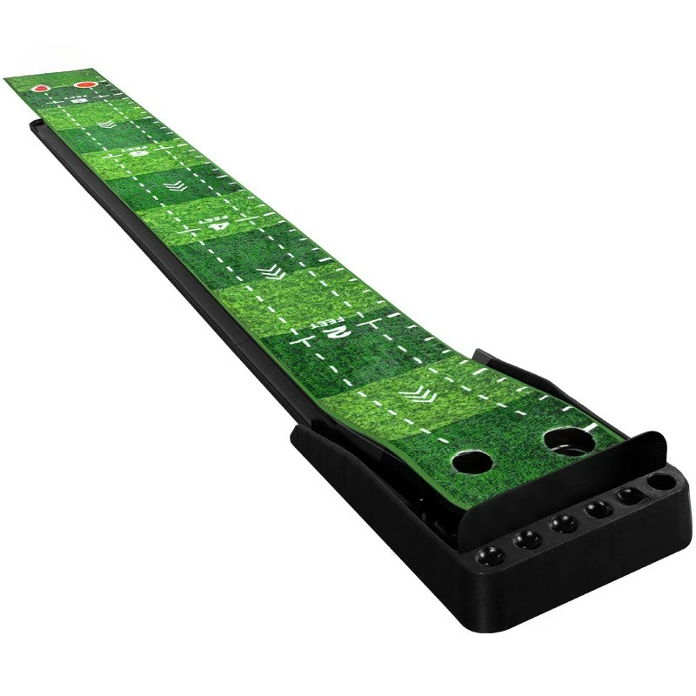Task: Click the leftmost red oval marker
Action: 40,88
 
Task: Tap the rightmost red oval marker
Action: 84,85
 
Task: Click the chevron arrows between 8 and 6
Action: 106,125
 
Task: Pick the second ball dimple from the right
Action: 626,495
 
